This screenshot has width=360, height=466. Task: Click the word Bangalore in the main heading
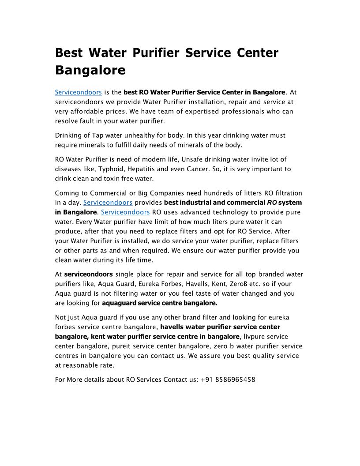tap(90, 70)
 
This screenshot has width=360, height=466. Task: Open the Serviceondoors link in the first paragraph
tap(79, 92)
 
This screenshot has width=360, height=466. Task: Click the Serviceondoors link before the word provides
tap(108, 203)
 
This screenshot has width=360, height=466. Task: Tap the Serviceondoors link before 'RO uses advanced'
tap(125, 212)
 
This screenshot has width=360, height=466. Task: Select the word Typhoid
tap(112, 169)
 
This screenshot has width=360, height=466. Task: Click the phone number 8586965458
tap(236, 380)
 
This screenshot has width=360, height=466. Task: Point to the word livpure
tap(255, 337)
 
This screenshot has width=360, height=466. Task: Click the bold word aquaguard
tap(119, 303)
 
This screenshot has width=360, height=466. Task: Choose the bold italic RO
tap(272, 203)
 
